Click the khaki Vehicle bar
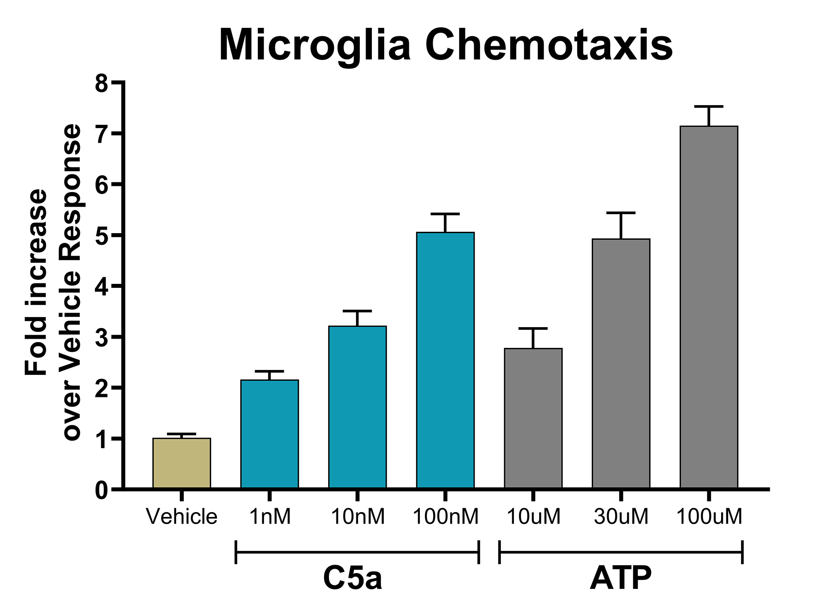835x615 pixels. pos(181,463)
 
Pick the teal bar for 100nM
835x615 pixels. pos(445,360)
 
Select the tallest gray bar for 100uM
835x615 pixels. pos(709,307)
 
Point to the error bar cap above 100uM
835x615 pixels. pos(709,106)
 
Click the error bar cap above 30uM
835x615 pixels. pos(621,213)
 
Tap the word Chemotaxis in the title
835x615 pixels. pos(548,45)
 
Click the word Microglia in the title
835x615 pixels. pos(315,45)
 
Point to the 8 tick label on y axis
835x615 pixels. pos(102,83)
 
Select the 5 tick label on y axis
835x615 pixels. pos(102,235)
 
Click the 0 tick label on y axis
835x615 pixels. pos(102,490)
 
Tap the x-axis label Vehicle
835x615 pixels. pos(181,517)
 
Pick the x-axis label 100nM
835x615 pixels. pos(445,517)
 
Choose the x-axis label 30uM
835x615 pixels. pos(621,517)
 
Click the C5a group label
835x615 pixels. pos(352,578)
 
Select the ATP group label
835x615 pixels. pos(620,578)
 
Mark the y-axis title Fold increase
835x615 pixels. pos(36,283)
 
